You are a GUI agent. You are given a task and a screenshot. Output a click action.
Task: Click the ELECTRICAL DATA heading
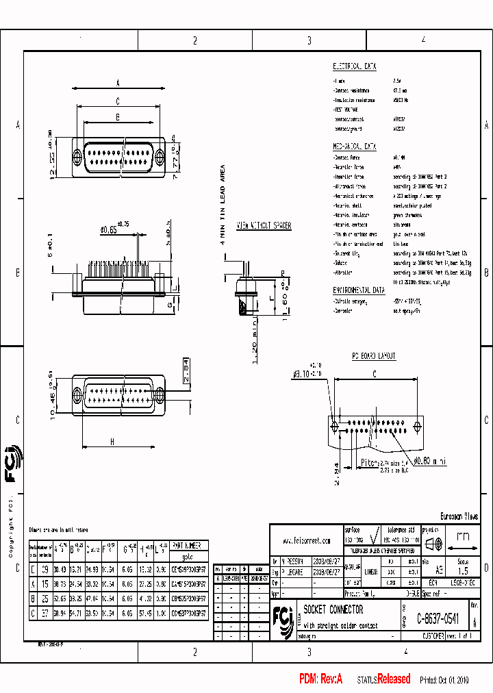354,66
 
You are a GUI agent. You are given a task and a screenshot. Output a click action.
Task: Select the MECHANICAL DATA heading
354,147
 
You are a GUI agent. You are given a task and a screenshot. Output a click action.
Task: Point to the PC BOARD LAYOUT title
374,357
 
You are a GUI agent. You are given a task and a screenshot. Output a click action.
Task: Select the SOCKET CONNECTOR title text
333,609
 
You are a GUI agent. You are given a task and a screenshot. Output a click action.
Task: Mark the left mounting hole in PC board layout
335,427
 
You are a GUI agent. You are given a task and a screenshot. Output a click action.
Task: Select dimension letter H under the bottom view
112,442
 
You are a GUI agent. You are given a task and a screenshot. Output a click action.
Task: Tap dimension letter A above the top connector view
118,84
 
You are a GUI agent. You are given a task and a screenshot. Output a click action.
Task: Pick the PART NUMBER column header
186,546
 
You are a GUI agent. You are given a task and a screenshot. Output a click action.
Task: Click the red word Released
394,679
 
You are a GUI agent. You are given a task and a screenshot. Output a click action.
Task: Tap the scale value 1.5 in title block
463,570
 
